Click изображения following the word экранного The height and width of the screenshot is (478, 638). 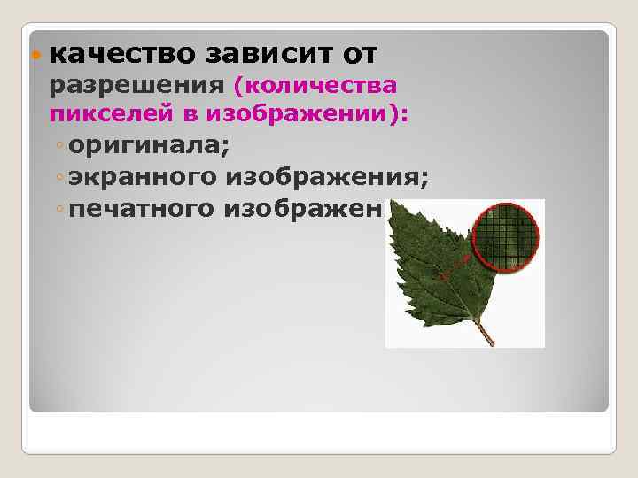(x=327, y=178)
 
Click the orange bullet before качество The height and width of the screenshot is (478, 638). (x=35, y=55)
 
